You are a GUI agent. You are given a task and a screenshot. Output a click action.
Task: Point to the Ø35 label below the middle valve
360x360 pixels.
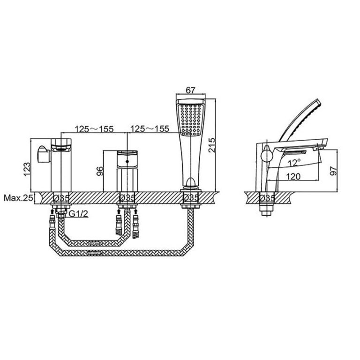pyautogui.click(x=127, y=198)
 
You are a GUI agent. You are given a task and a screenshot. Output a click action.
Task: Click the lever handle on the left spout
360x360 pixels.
pyautogui.click(x=42, y=153)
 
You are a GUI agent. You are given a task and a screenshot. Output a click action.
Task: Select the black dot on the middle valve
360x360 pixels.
pyautogui.click(x=127, y=161)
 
